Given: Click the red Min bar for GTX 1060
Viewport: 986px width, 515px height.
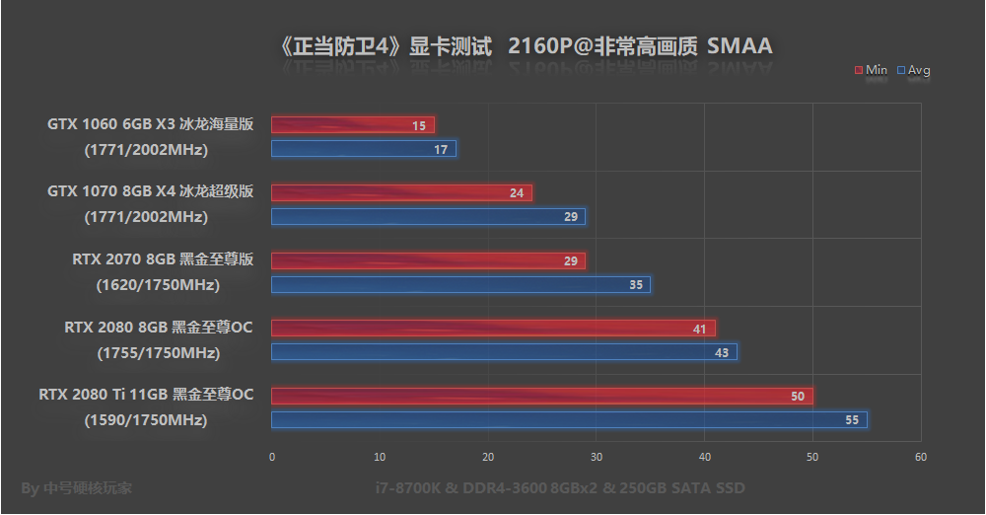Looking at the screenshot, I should [x=352, y=125].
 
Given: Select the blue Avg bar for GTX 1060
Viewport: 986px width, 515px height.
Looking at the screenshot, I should [x=363, y=149].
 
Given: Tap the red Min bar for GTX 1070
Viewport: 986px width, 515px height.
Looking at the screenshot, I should [x=401, y=192].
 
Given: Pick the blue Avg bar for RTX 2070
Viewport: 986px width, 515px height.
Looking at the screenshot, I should [x=460, y=285].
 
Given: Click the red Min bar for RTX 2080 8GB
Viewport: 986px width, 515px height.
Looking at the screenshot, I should [x=493, y=329].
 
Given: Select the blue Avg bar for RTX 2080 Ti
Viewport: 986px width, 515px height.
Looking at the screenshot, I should [x=569, y=420].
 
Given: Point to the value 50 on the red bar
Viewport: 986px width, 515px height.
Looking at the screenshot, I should [x=797, y=397].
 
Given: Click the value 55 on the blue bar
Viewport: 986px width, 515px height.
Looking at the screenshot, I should [x=852, y=420].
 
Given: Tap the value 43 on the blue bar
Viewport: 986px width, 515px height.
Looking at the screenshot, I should [x=721, y=352].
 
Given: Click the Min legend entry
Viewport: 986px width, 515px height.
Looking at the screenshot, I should [x=871, y=70].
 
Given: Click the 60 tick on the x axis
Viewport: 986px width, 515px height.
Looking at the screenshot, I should [x=921, y=457].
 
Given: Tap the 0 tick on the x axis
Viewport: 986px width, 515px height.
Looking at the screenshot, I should [x=272, y=457].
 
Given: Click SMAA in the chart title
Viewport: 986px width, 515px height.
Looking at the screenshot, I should [x=739, y=46].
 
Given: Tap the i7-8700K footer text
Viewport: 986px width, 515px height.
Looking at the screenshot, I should [x=560, y=488].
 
